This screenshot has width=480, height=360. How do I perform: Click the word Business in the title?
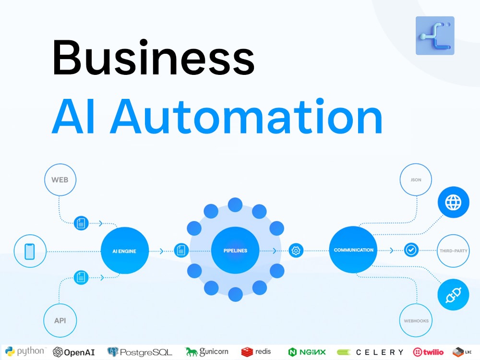tap(154, 58)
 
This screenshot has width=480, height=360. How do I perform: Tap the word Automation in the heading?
tap(246, 116)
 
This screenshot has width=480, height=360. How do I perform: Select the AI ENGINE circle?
tap(125, 251)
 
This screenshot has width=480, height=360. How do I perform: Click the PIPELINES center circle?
tap(235, 250)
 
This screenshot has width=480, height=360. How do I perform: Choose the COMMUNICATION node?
tap(353, 250)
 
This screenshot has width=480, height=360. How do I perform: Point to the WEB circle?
tap(60, 180)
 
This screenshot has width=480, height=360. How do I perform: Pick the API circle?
tap(60, 321)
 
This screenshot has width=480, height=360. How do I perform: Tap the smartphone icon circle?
tap(30, 251)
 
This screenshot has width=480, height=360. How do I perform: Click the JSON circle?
tap(416, 180)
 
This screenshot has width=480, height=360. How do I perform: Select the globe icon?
tap(453, 202)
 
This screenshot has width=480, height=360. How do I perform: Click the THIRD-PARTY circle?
tap(453, 251)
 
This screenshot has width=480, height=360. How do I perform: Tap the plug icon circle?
tap(454, 295)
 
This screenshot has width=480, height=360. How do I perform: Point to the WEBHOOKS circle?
tap(416, 321)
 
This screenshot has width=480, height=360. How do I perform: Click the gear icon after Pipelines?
tap(296, 251)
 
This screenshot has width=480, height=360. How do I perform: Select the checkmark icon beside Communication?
tap(411, 250)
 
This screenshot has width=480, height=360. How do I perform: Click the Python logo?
tap(25, 351)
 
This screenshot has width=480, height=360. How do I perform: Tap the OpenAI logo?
tap(74, 352)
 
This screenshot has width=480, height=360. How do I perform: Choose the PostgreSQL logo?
tap(140, 352)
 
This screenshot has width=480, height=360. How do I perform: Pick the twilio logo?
tap(428, 352)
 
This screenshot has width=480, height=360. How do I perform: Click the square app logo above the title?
tap(435, 36)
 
